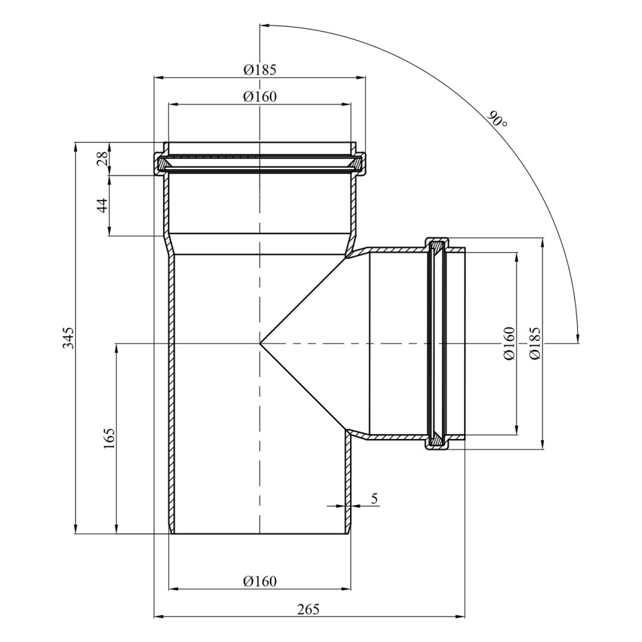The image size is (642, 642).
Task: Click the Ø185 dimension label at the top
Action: [x=260, y=70]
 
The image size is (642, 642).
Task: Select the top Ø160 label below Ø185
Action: [x=260, y=97]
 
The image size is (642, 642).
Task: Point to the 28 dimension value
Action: [x=102, y=157]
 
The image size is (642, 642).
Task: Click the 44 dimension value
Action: [x=102, y=205]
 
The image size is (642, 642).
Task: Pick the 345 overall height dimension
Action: [x=68, y=338]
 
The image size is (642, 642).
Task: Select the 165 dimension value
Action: [x=109, y=438]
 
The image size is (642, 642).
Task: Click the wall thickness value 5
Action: [x=374, y=498]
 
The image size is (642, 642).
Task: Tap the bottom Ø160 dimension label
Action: [x=260, y=581]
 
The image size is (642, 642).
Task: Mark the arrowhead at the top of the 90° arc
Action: [x=265, y=26]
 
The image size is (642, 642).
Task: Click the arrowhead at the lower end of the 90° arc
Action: [x=577, y=337]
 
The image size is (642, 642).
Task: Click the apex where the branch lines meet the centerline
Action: [x=260, y=342]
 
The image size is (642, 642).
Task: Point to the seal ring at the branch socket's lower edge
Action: [x=437, y=440]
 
